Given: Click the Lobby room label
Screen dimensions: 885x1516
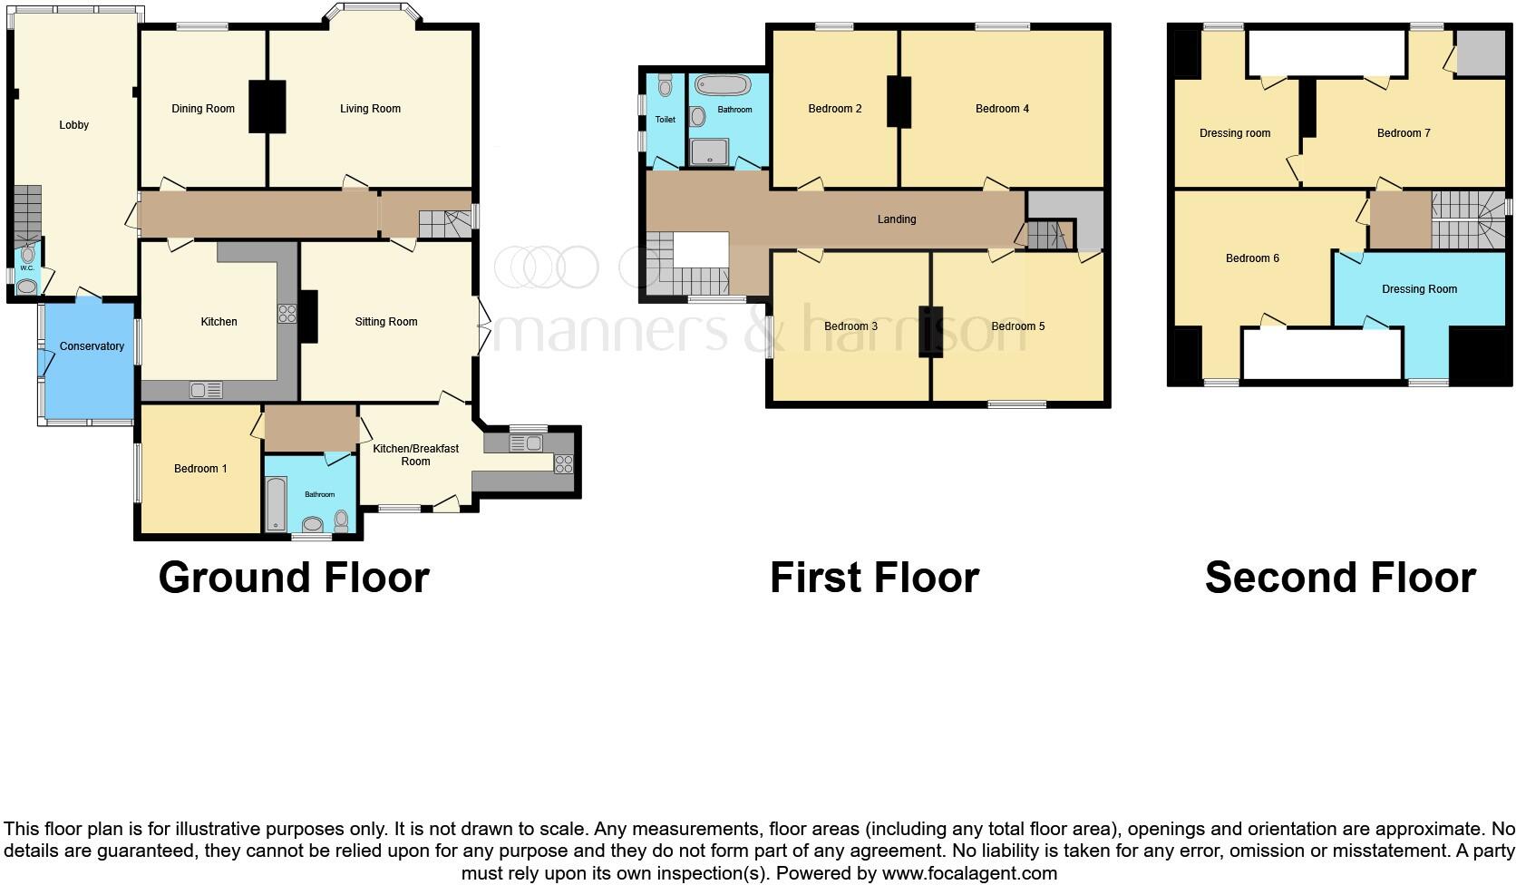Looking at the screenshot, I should (x=74, y=125).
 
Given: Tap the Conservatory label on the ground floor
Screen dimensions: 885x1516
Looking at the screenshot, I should (x=92, y=346).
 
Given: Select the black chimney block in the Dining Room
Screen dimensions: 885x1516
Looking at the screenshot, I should (x=267, y=107).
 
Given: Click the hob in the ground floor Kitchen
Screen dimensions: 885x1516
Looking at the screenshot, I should (x=287, y=314).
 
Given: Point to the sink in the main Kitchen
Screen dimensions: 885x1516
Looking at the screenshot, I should (x=206, y=391).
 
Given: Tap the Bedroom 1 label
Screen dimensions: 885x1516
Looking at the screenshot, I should (x=200, y=469).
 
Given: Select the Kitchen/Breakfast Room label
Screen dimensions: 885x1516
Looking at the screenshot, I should (x=415, y=454).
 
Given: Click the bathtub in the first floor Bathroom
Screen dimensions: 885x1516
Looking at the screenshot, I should (x=723, y=86).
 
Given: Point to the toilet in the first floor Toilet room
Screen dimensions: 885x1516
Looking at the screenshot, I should (x=666, y=87).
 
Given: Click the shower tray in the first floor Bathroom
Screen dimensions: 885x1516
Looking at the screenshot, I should (x=711, y=151).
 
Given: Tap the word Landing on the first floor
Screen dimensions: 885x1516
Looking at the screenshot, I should (x=897, y=219).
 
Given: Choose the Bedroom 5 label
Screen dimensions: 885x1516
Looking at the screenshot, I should (x=1017, y=326).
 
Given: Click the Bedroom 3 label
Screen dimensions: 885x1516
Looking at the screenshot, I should (x=850, y=326).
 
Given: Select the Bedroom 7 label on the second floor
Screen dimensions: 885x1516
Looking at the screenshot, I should (x=1403, y=133).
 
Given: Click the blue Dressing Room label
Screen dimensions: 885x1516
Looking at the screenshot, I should (x=1419, y=289).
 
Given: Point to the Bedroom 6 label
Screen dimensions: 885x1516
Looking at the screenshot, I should (x=1252, y=258).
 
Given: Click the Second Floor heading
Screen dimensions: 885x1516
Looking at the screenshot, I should (x=1339, y=578).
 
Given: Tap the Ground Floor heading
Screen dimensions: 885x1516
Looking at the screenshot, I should (x=294, y=578).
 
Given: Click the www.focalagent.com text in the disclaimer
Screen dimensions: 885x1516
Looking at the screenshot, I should (x=968, y=874).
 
